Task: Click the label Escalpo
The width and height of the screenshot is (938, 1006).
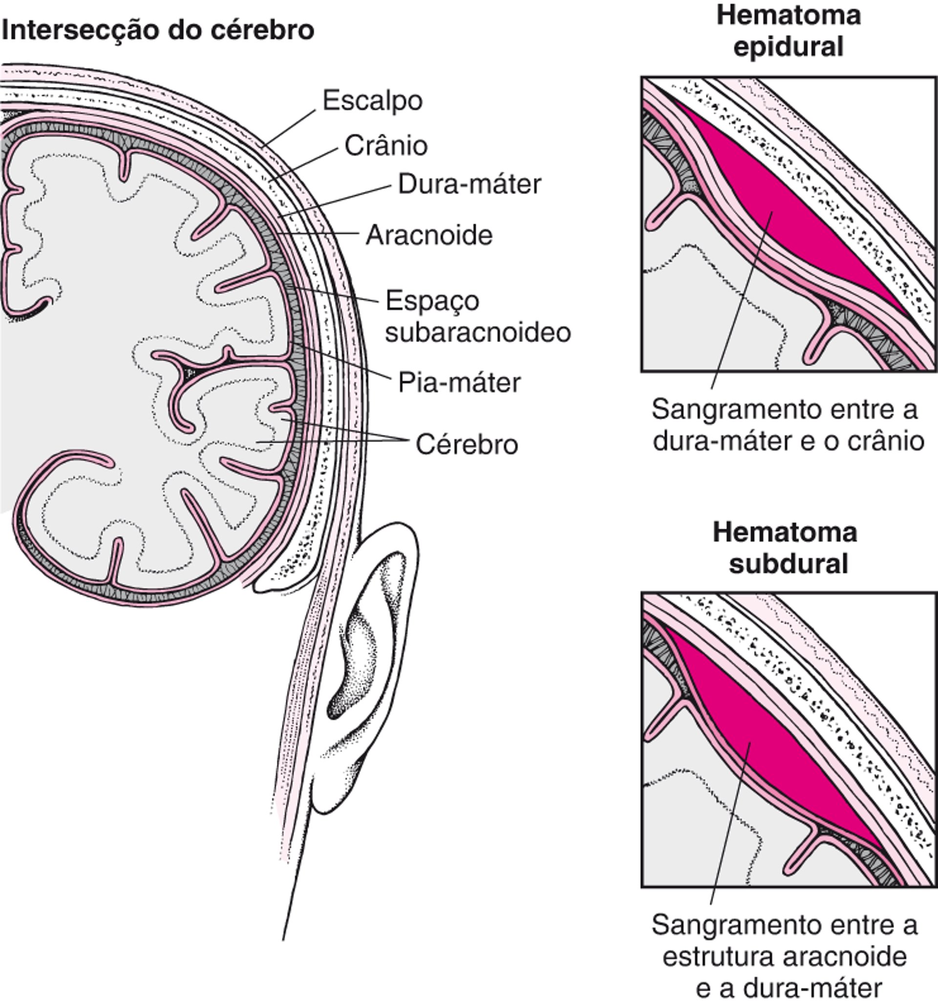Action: (x=372, y=101)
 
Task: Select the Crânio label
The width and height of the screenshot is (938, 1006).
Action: (x=386, y=146)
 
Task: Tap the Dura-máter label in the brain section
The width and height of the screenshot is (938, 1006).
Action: (x=469, y=185)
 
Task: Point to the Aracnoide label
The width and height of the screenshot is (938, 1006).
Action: (x=429, y=235)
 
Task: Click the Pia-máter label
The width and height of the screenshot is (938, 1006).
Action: (x=459, y=383)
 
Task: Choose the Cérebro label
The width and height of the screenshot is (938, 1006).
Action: (x=467, y=445)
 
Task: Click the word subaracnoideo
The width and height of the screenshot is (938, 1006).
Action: (x=478, y=333)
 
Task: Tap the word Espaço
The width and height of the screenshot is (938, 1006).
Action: (x=432, y=301)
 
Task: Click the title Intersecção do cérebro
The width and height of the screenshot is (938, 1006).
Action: (x=158, y=30)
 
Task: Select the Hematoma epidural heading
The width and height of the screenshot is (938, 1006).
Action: (x=788, y=31)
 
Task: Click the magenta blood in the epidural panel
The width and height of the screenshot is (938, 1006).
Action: (x=789, y=213)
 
